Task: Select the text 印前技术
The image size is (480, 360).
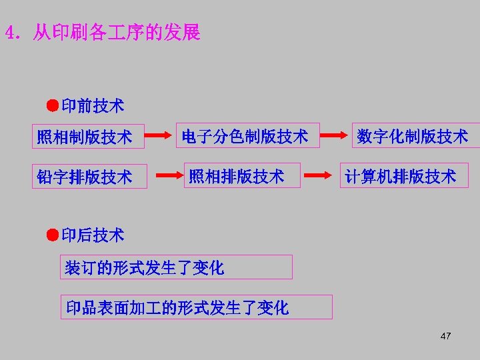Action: (x=92, y=105)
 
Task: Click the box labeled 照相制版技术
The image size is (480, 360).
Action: (x=90, y=137)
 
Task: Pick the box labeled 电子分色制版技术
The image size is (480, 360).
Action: (x=247, y=136)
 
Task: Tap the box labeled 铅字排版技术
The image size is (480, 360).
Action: (x=90, y=177)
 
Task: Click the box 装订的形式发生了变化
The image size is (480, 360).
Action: (x=176, y=267)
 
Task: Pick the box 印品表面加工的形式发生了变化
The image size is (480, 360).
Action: (x=196, y=307)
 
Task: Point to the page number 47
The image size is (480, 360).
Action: (x=446, y=336)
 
